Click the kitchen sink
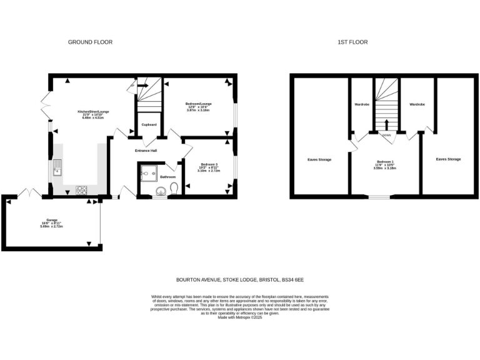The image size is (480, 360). (58, 167)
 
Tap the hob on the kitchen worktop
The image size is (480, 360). (82, 189)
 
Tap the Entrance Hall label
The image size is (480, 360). (145, 151)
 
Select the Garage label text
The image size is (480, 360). (52, 220)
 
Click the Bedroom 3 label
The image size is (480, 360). (209, 164)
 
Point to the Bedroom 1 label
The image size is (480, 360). (384, 160)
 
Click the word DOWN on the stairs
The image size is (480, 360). (387, 134)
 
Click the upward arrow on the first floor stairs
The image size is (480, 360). (387, 122)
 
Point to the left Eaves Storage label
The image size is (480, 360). (319, 160)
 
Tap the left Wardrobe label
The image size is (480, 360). (362, 104)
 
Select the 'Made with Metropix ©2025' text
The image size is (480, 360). (240, 317)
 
